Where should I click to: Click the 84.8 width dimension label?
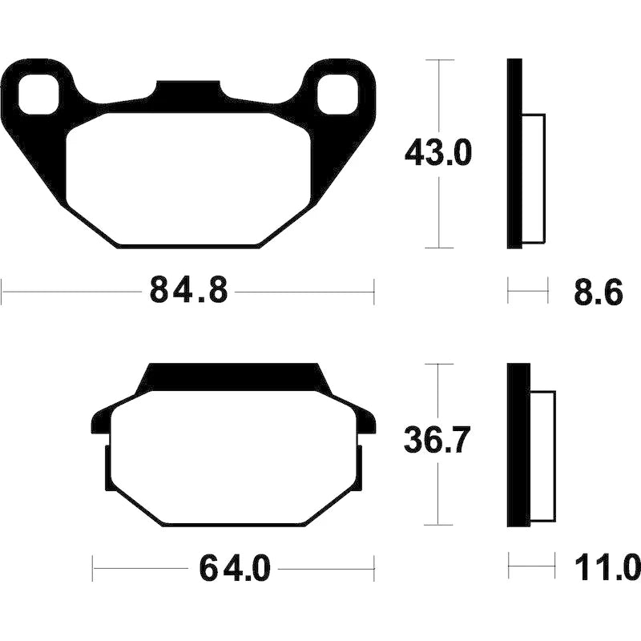point(188,290)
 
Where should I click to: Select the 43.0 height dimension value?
point(438,152)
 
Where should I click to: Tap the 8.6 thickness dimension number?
point(599,292)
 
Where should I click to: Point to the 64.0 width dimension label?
point(235,568)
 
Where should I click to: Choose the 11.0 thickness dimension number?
point(607,567)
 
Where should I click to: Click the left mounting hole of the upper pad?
point(38,95)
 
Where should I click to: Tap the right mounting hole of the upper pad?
point(337,95)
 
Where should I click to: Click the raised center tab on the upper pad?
point(188,89)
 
